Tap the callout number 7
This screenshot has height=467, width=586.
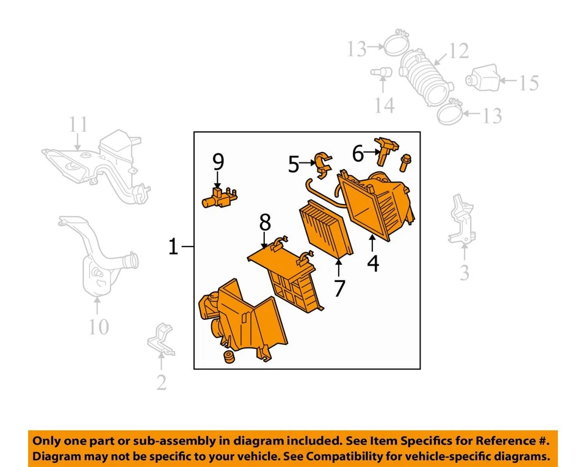pos(339,288)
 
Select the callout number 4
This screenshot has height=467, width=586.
pos(373,263)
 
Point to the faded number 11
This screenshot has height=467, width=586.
pos(78,125)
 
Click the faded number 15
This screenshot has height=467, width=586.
pos(529,83)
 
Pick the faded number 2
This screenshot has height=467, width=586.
pos(161,382)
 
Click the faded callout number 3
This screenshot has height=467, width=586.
pos(464,273)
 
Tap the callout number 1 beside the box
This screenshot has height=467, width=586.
pos(173,247)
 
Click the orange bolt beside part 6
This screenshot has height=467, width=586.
pos(404,163)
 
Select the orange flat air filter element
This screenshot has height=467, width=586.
pos(326,229)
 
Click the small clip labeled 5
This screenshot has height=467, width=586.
pos(322,165)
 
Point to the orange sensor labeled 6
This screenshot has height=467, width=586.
pos(386,150)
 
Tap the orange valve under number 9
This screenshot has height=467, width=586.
pos(219,198)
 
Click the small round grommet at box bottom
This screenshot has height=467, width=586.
pos(228,357)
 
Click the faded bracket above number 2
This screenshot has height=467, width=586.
pos(161,339)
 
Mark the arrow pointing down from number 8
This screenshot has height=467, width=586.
pos(264,240)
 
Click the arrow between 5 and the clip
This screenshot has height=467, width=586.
pos(308,163)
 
